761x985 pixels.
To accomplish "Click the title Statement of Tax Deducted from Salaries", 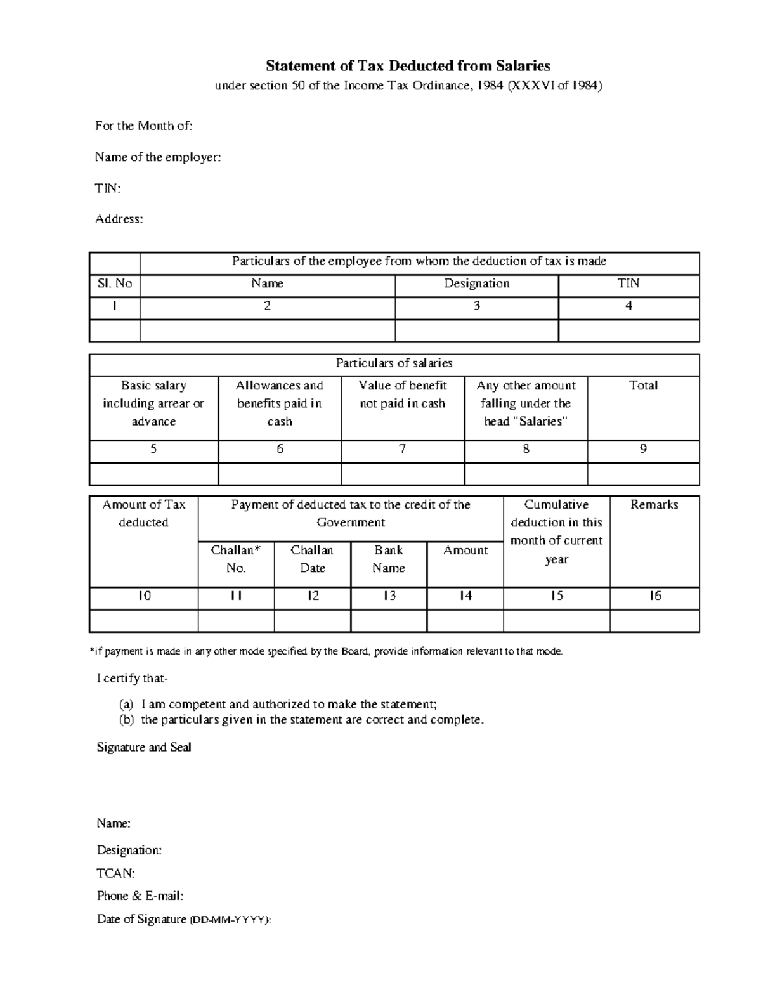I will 407,66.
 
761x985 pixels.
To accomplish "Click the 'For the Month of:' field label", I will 143,126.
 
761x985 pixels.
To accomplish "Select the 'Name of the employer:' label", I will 158,157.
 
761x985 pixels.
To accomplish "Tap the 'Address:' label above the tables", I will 119,219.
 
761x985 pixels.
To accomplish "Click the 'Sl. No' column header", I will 115,284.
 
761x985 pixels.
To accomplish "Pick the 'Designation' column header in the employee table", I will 476,284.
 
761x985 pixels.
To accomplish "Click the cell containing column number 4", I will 628,306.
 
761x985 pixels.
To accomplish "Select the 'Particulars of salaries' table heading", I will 394,363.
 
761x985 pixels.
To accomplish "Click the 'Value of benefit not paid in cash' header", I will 402,395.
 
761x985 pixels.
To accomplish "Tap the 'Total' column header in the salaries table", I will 643,386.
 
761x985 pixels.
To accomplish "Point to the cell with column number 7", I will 402,449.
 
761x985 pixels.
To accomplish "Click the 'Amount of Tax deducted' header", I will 144,513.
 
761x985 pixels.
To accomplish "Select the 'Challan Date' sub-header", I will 312,559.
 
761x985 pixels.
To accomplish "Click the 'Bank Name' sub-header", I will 388,559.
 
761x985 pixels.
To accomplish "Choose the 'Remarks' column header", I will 654,505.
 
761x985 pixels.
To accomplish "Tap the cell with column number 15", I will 556,596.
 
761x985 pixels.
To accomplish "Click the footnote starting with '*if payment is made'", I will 326,651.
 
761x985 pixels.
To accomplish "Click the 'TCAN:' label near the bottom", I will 115,873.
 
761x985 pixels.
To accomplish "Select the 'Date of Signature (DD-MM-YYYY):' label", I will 184,919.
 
